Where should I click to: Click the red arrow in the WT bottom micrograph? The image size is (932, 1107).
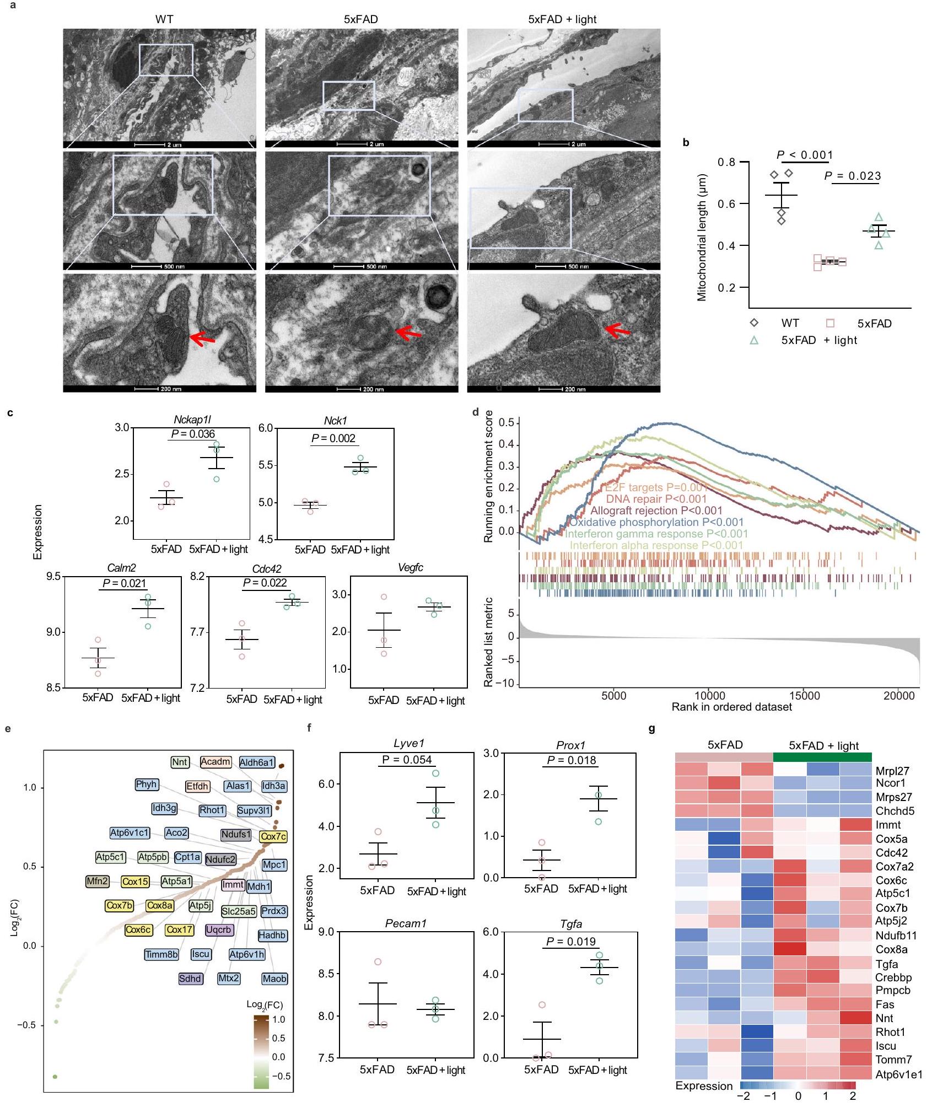(x=202, y=340)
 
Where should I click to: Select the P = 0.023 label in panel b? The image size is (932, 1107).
(x=852, y=176)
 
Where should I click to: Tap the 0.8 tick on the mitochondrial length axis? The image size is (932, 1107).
(x=726, y=162)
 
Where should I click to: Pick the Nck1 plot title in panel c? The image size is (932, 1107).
(x=335, y=421)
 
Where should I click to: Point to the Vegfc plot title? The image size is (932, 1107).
(x=410, y=568)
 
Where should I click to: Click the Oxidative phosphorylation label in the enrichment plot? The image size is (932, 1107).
(x=656, y=522)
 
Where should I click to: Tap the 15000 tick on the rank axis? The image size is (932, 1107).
(x=804, y=696)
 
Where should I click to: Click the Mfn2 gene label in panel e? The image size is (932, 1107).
(x=98, y=882)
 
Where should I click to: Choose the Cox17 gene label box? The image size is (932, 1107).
(x=180, y=930)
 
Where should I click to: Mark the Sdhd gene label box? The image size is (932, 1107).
(x=190, y=979)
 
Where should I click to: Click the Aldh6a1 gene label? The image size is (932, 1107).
(x=256, y=762)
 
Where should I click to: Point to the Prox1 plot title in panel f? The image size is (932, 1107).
(x=570, y=745)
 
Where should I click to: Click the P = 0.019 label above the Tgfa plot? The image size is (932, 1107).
(x=570, y=942)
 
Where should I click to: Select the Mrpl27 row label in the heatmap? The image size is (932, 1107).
(x=892, y=771)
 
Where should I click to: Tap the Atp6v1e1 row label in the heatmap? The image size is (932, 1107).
(x=898, y=1074)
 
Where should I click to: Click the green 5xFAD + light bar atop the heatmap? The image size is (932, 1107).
(x=822, y=757)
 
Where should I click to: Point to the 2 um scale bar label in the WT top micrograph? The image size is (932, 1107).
(x=174, y=144)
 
